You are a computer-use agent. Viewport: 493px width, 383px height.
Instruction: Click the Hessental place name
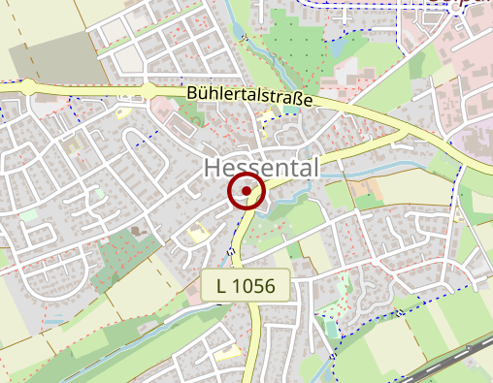[x=262, y=168]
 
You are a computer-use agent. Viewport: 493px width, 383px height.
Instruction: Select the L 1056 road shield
[x=246, y=285]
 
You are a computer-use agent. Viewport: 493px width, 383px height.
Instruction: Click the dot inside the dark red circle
[x=247, y=192]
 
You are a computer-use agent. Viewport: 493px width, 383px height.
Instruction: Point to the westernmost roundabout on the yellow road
[x=31, y=87]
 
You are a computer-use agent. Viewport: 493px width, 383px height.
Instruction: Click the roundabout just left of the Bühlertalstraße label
[x=148, y=92]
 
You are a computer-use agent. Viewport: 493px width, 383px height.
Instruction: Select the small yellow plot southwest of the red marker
[x=199, y=233]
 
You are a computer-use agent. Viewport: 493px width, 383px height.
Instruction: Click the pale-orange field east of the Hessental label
[x=369, y=189]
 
